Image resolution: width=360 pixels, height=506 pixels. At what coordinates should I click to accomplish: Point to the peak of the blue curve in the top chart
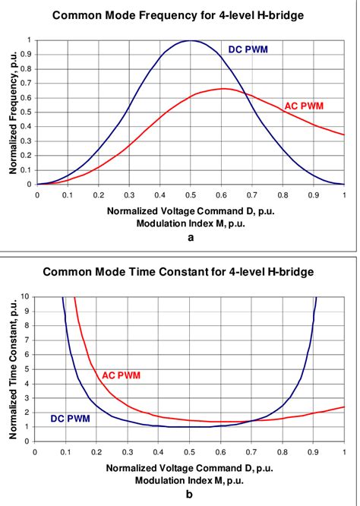(x=191, y=41)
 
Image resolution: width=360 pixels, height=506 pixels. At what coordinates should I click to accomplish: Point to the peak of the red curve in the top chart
(x=222, y=89)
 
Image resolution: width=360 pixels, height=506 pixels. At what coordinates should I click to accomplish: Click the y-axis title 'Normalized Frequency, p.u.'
(x=13, y=112)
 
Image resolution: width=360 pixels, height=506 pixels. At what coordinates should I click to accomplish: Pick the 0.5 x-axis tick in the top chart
(x=191, y=194)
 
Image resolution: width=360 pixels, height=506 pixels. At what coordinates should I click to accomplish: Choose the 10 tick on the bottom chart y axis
(x=28, y=297)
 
